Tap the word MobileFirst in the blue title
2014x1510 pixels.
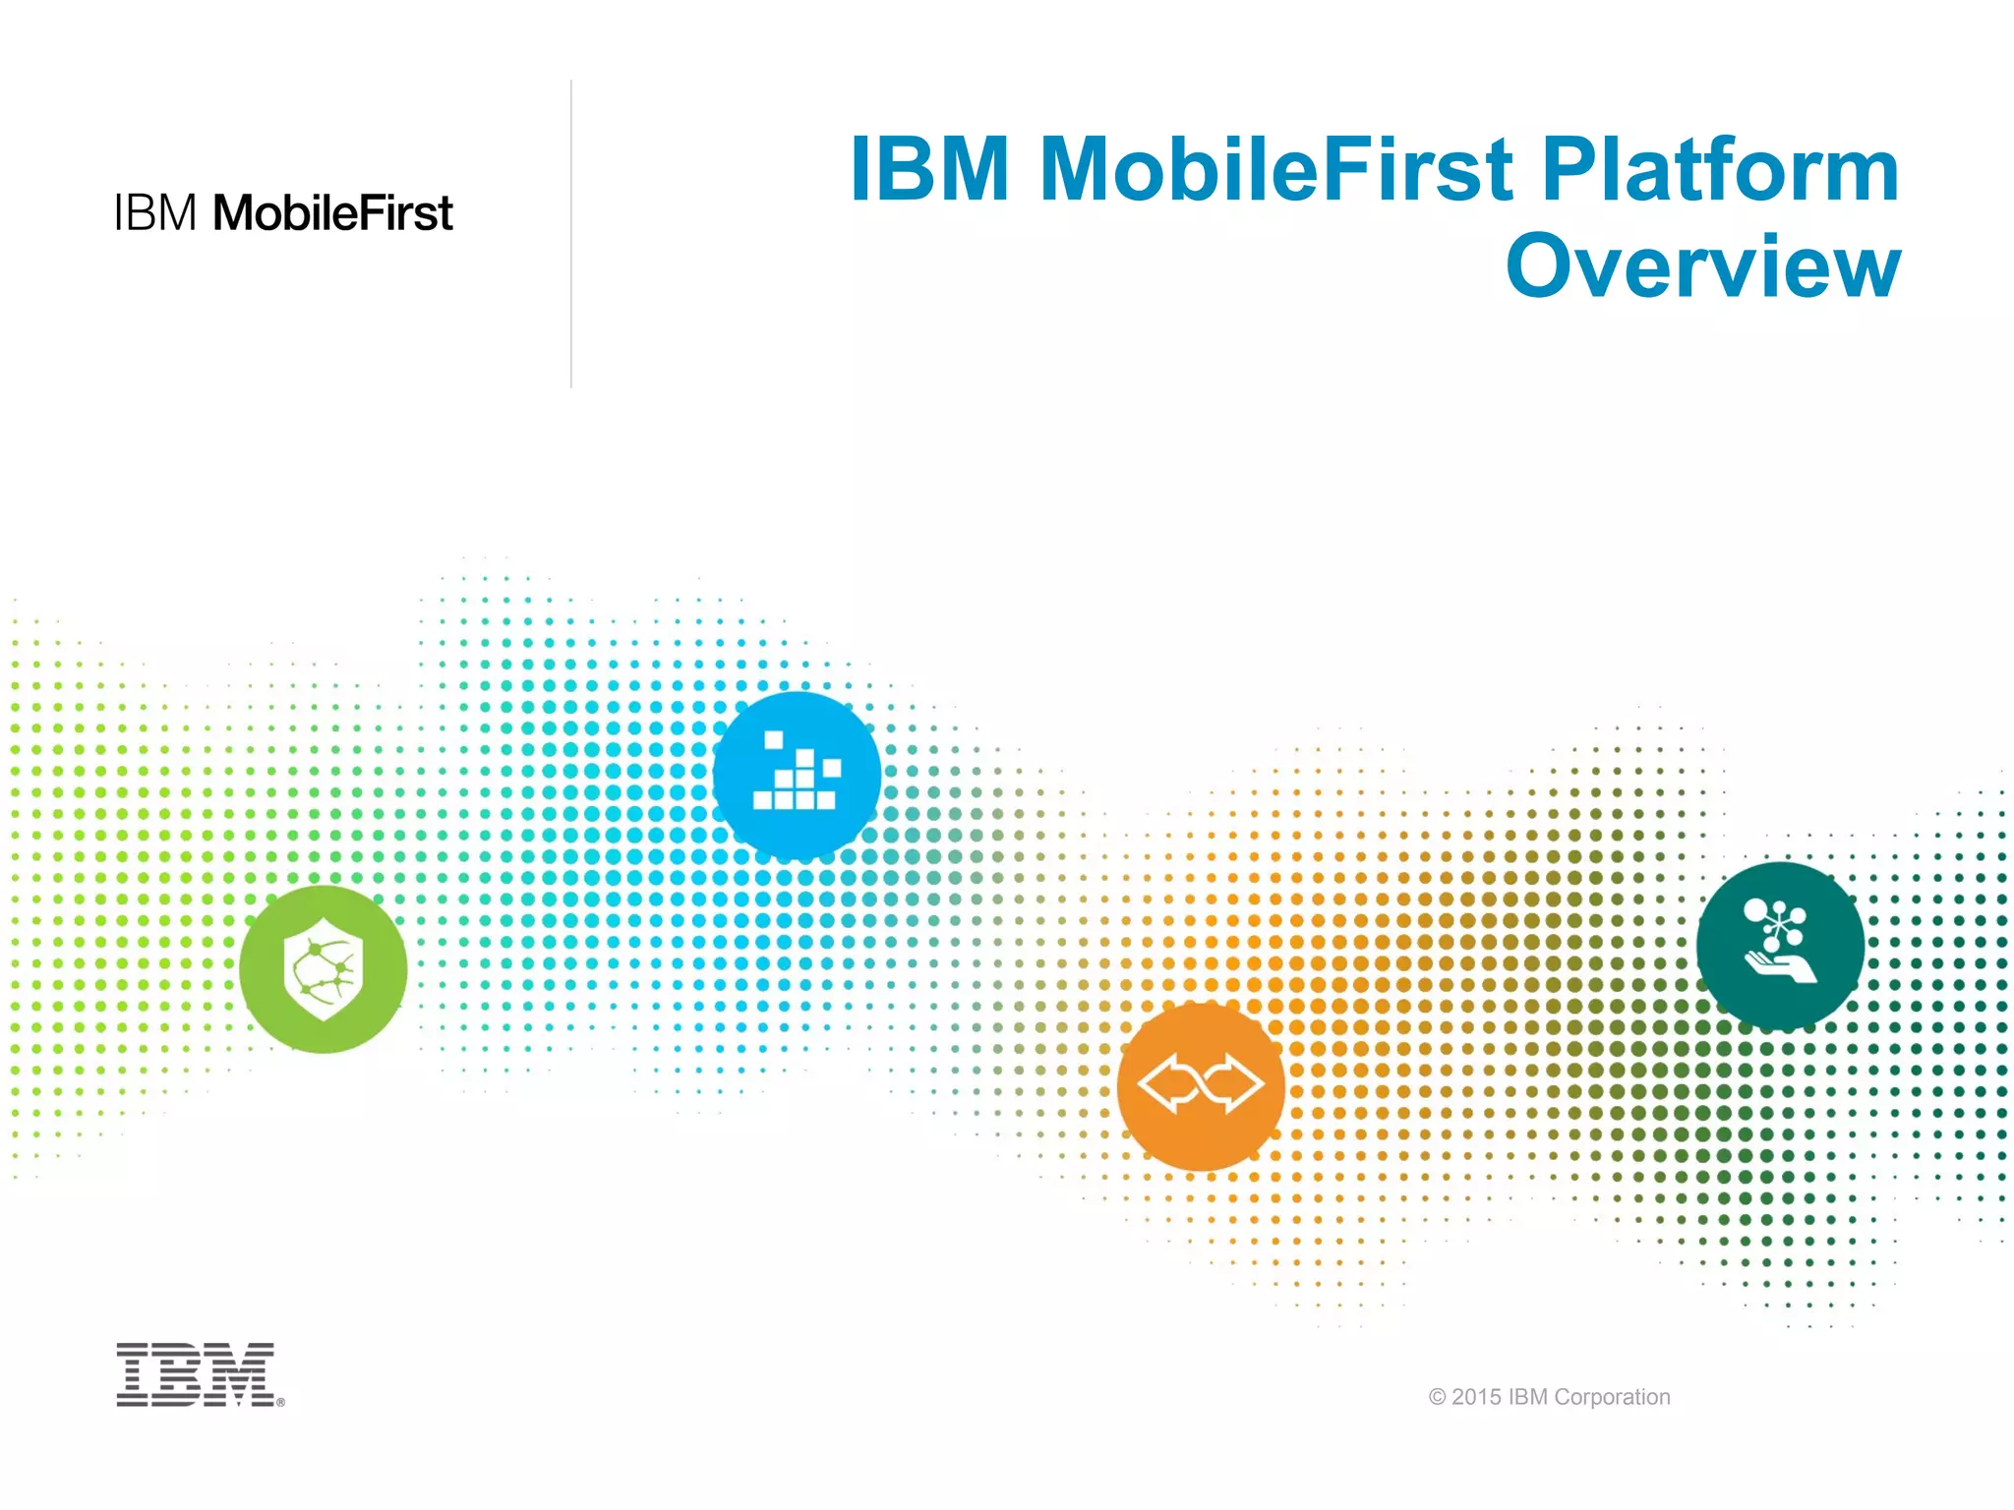(1275, 170)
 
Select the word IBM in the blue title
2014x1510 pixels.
(929, 170)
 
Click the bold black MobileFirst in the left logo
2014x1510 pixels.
(332, 213)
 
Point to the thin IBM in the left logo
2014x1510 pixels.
(155, 213)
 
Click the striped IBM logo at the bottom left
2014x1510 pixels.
(196, 1374)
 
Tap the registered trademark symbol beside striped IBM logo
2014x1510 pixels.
(281, 1403)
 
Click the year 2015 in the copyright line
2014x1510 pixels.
(1476, 1397)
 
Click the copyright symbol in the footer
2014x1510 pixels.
(1437, 1397)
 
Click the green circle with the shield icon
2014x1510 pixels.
(324, 969)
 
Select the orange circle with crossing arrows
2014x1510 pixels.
(1201, 1086)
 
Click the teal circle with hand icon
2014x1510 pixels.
(1780, 946)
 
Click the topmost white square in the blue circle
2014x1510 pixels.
(774, 740)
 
